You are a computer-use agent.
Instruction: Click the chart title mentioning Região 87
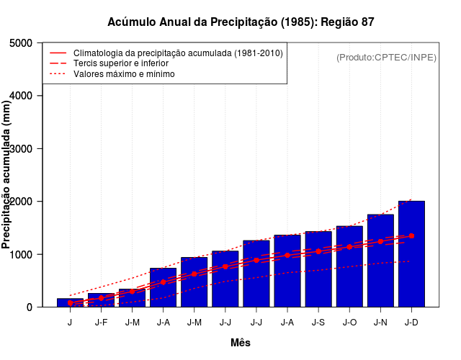(241, 22)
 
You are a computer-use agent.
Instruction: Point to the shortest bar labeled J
(70, 303)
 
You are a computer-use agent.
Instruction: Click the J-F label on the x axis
(101, 322)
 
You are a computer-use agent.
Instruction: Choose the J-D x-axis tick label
(411, 322)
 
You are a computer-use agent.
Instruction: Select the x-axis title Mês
(241, 343)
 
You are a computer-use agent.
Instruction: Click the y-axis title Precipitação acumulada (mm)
(7, 175)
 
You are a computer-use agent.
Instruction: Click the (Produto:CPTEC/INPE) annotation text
(386, 57)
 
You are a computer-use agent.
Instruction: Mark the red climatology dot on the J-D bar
(411, 236)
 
